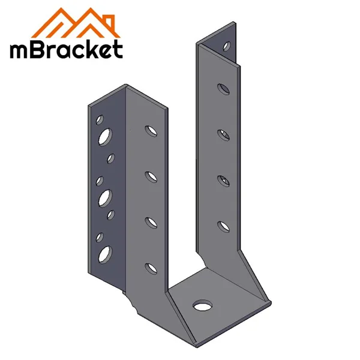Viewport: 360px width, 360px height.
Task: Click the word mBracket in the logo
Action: pyautogui.click(x=65, y=49)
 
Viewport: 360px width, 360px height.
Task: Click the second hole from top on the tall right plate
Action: pyautogui.click(x=223, y=134)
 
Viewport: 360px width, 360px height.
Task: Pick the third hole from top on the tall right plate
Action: pyautogui.click(x=223, y=179)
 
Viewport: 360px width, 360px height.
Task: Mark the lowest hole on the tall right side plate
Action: pyautogui.click(x=223, y=226)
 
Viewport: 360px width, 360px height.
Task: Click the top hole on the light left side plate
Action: pyautogui.click(x=149, y=129)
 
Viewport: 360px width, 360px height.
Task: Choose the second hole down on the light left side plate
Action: pyautogui.click(x=149, y=176)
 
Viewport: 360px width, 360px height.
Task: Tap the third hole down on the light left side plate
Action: pyautogui.click(x=149, y=221)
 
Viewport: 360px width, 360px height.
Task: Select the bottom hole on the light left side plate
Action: pyautogui.click(x=149, y=266)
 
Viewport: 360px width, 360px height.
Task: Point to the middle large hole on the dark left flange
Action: pyautogui.click(x=105, y=196)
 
